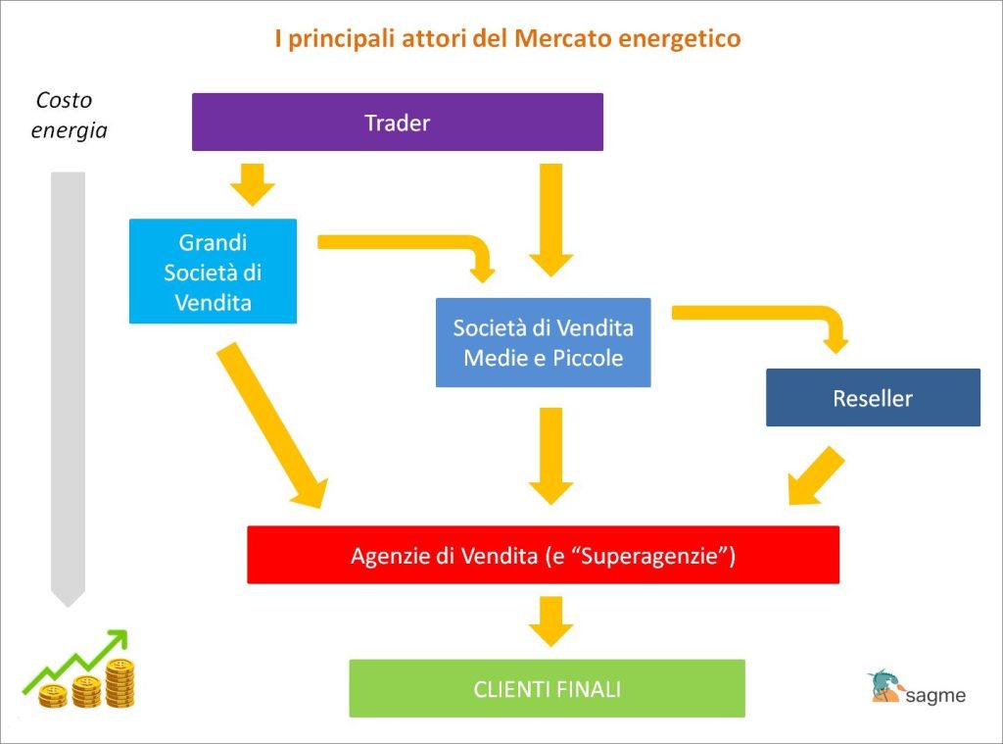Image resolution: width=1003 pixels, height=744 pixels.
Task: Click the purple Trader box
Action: [x=397, y=123]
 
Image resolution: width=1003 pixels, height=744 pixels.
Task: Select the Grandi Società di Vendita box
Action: [x=213, y=272]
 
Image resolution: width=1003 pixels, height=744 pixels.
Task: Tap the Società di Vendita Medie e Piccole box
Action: [x=543, y=342]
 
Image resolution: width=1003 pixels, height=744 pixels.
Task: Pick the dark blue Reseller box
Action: [x=873, y=398]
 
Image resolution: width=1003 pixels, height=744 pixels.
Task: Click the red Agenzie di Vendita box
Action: [x=543, y=556]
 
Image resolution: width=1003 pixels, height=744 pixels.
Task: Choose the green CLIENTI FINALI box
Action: [x=547, y=688]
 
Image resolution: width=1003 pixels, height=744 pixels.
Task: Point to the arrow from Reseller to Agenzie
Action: [x=815, y=475]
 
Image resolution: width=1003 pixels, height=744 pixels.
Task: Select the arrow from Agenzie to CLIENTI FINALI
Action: [x=551, y=620]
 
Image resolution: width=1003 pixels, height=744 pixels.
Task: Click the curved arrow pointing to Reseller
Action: [x=764, y=319]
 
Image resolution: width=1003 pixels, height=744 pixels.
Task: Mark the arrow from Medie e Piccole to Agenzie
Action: [x=550, y=454]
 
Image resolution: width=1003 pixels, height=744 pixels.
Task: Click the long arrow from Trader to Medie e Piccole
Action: [x=550, y=219]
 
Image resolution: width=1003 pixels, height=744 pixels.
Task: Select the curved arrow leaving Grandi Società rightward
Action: [x=411, y=243]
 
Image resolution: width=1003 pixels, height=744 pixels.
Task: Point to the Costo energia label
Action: [x=69, y=115]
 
